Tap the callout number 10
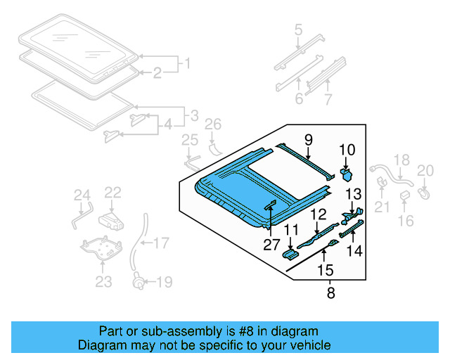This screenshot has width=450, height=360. [x=348, y=150]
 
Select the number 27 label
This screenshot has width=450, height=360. [x=271, y=244]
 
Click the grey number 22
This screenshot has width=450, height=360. [x=113, y=191]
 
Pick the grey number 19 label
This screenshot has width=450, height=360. [x=164, y=283]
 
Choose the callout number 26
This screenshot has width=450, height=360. [x=212, y=125]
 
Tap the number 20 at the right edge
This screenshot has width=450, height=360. [x=425, y=169]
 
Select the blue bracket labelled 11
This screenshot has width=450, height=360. [x=290, y=253]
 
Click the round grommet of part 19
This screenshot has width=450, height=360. [x=139, y=284]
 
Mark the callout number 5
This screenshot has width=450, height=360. [x=298, y=30]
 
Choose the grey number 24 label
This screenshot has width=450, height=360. [x=82, y=195]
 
